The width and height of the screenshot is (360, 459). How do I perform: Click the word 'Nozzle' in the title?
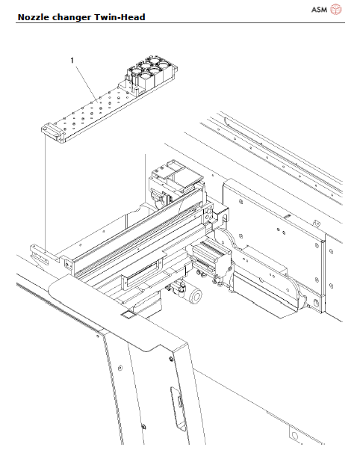(35, 16)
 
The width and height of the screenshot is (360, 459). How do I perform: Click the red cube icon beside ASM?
(336, 9)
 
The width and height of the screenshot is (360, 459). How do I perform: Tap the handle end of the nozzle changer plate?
(50, 132)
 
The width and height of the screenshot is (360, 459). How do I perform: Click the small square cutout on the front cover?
(126, 316)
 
